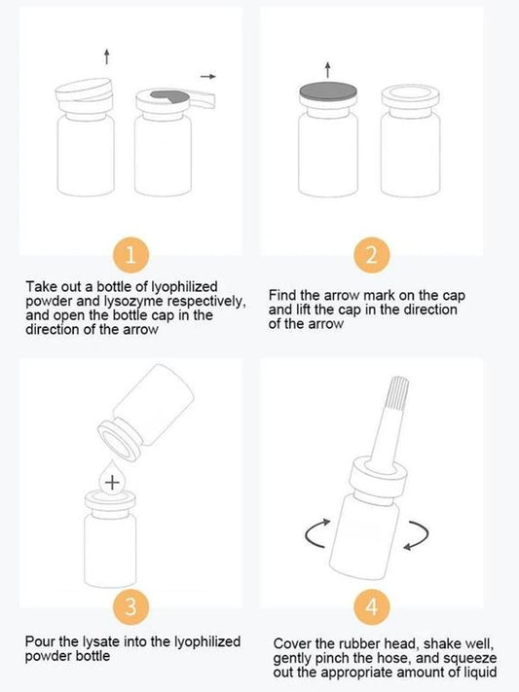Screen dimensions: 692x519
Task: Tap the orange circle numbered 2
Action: [371, 256]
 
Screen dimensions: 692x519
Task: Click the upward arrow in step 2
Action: [327, 67]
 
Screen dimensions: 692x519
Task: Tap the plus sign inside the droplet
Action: [112, 481]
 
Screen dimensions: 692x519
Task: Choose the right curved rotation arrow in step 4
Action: [415, 532]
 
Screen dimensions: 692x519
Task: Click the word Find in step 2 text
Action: [282, 294]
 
